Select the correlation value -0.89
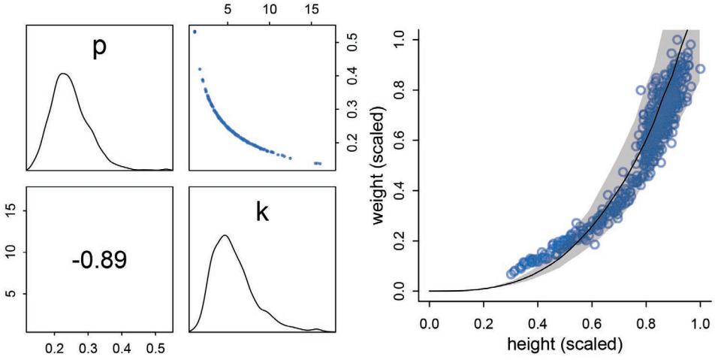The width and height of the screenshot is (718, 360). (99, 260)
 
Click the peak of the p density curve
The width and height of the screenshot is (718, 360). (64, 74)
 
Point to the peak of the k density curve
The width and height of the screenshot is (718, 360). (225, 236)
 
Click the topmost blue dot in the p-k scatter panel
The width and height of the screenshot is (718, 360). (195, 32)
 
